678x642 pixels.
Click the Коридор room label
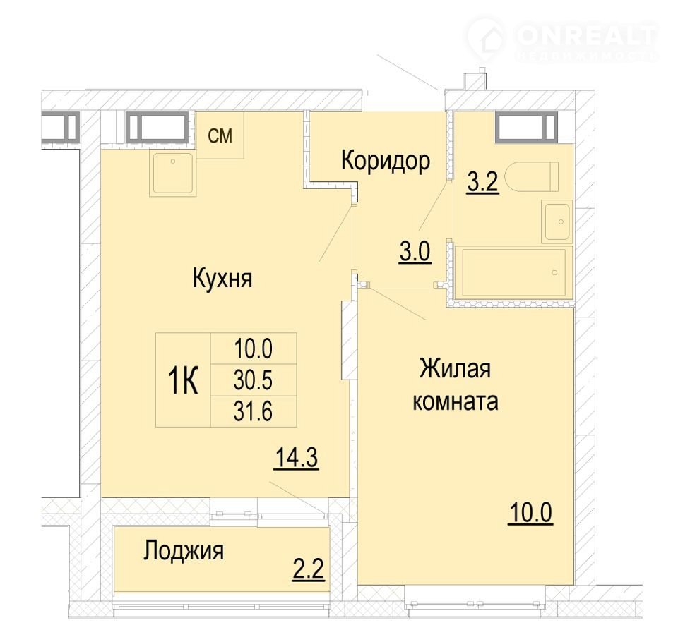386,162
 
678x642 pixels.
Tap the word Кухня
222,278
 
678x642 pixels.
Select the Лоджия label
184,551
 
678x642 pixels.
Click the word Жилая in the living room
455,370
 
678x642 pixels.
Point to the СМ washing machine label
220,135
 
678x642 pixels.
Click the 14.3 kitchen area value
297,458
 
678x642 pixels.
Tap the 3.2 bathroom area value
482,183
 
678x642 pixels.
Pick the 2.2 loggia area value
309,569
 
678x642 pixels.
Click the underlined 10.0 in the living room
530,514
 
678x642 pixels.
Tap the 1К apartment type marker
183,380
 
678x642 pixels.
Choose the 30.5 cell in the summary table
253,380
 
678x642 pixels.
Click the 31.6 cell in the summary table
253,411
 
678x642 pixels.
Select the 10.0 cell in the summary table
253,349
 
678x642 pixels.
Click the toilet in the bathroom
534,176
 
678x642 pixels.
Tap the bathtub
513,272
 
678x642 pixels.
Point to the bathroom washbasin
557,222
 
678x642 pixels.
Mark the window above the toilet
525,127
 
